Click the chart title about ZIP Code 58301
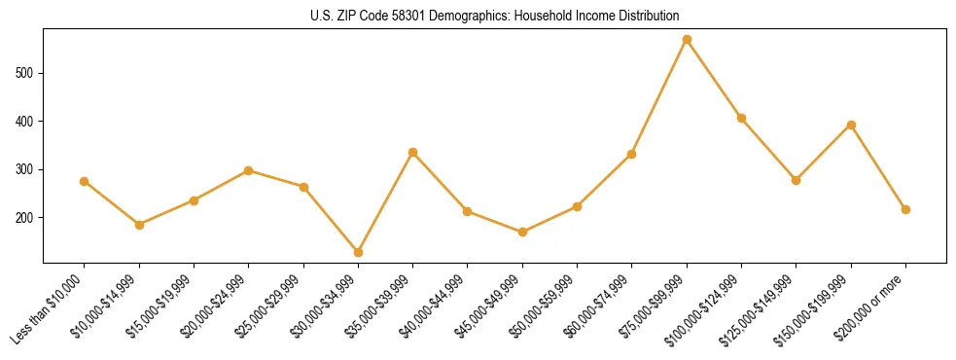tap(495, 17)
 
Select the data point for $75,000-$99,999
tap(687, 40)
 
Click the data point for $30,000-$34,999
tap(358, 252)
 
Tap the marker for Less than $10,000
tap(84, 181)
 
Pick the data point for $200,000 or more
tap(905, 209)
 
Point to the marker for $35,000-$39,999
tap(412, 152)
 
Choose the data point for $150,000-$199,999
tap(851, 125)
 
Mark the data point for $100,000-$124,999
tap(741, 118)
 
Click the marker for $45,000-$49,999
tap(522, 232)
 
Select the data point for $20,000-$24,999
tap(248, 170)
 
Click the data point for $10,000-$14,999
tap(139, 225)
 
